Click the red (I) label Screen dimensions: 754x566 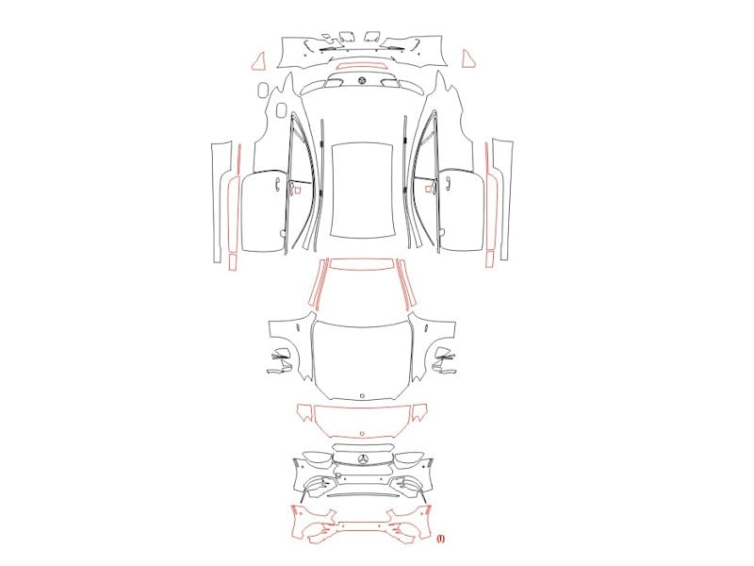click(x=440, y=539)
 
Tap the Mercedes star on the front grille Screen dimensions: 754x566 click(x=364, y=459)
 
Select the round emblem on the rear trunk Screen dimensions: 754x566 click(x=361, y=80)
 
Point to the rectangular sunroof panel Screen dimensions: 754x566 click(x=362, y=190)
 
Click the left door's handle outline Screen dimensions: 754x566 click(x=277, y=184)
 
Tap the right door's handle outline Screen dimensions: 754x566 click(x=448, y=184)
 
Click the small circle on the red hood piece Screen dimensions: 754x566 click(x=362, y=433)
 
